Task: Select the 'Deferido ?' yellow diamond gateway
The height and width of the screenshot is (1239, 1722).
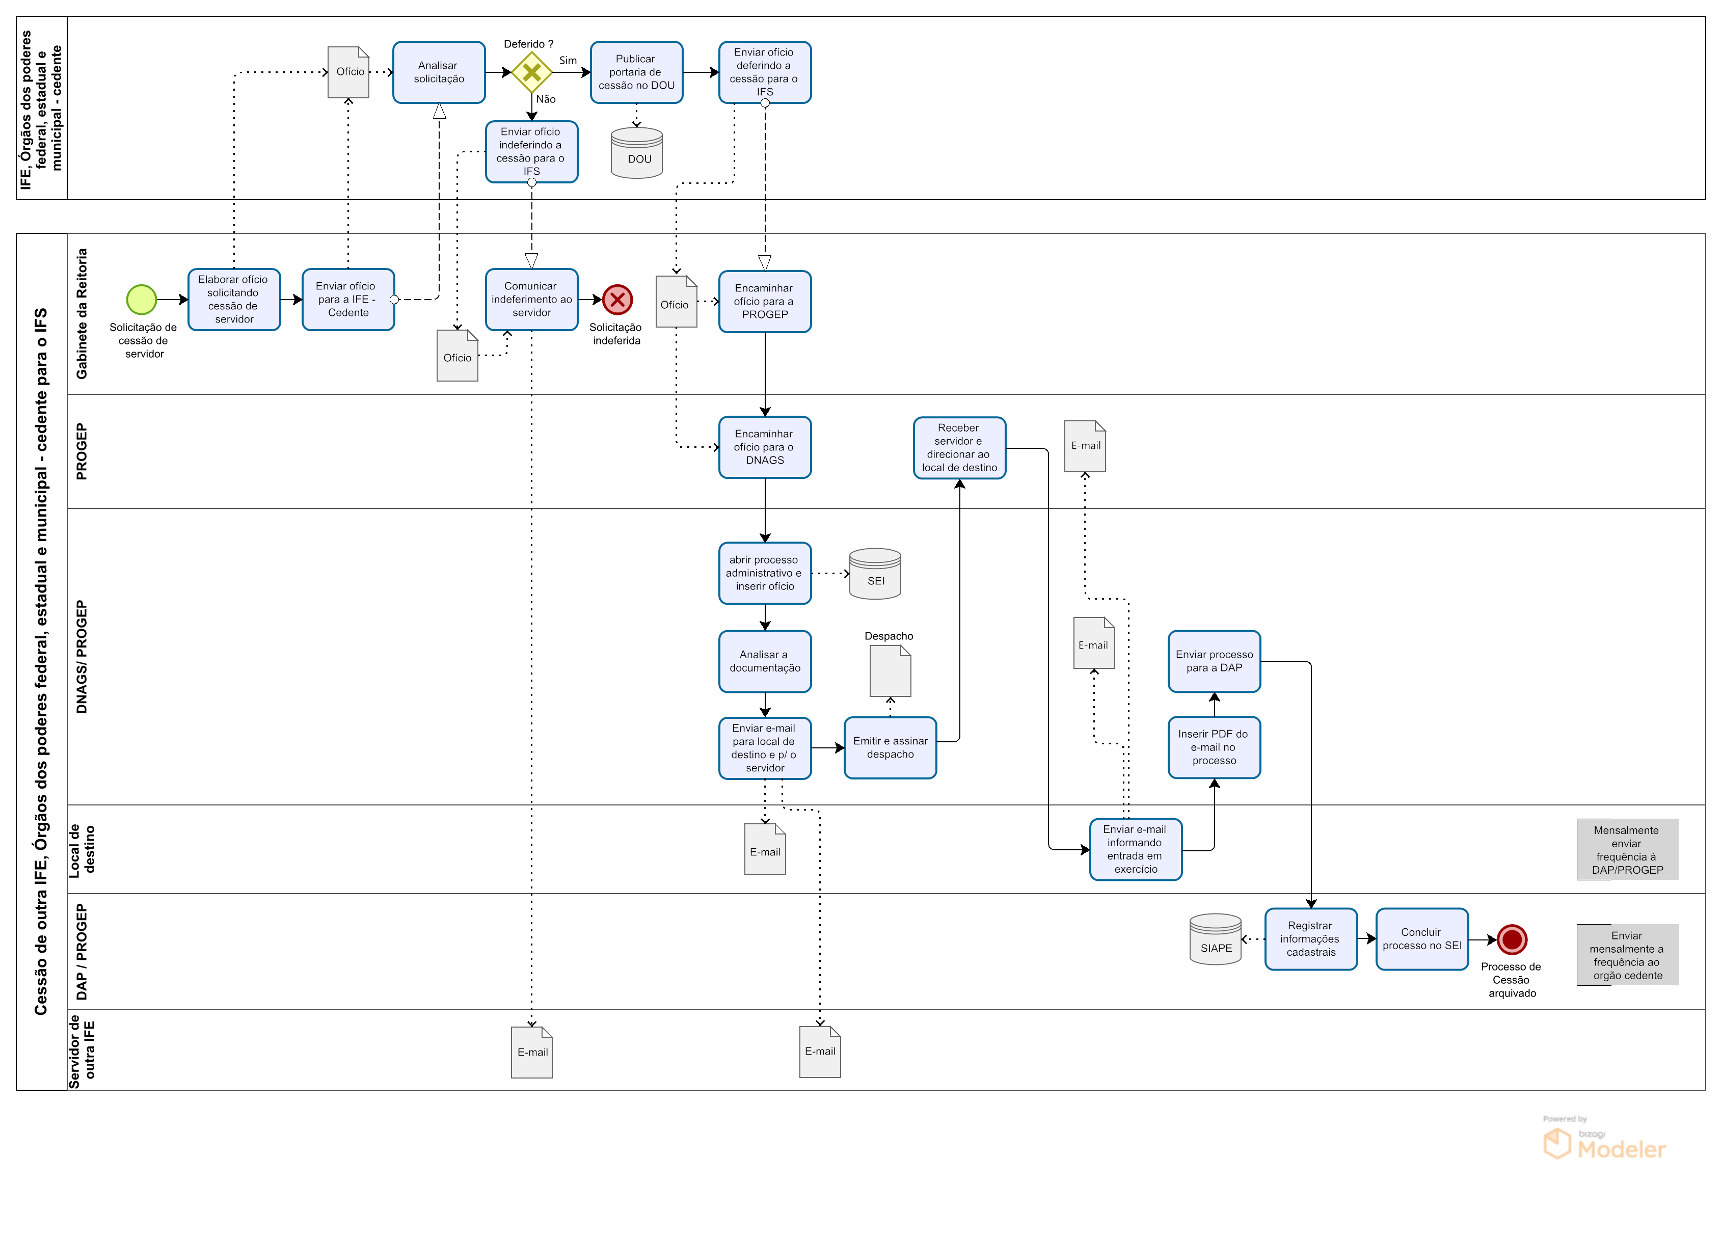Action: [x=531, y=72]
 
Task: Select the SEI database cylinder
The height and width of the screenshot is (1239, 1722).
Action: [x=875, y=574]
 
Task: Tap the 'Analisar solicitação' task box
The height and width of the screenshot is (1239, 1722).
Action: [x=439, y=72]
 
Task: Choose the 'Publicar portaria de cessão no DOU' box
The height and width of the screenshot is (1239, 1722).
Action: [x=636, y=72]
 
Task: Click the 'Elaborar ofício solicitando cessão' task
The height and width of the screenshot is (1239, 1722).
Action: [x=234, y=299]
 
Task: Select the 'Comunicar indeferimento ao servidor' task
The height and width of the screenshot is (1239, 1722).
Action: [x=531, y=299]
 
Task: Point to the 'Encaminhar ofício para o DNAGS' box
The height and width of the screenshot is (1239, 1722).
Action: [x=765, y=447]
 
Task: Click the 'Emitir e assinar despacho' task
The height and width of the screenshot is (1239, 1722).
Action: [x=890, y=748]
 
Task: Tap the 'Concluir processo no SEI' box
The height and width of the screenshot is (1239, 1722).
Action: [x=1421, y=939]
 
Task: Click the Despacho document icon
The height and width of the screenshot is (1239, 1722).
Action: [x=890, y=671]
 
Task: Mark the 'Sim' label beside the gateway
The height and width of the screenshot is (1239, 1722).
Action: [x=568, y=61]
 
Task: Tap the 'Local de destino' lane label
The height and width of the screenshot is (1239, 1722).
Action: [x=82, y=849]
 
